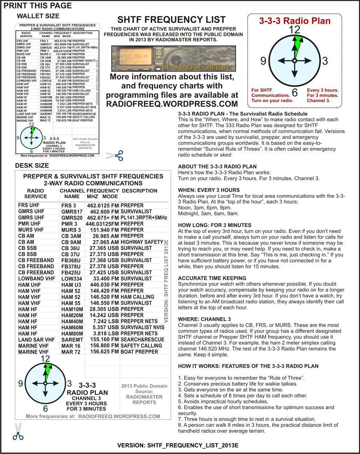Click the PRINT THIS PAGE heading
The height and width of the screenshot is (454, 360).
click(38, 6)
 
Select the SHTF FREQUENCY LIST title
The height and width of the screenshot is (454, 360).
click(171, 20)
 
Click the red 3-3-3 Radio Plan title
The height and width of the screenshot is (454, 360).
click(295, 21)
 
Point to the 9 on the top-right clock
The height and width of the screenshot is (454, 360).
click(263, 61)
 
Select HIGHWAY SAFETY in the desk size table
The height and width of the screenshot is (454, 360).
click(142, 242)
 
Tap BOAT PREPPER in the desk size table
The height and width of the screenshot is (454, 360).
click(139, 352)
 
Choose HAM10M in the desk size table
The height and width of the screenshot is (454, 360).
click(72, 309)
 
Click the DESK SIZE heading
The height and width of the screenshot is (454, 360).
click(32, 165)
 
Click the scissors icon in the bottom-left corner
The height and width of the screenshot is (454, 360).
click(18, 432)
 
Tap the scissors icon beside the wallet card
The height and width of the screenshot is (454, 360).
click(115, 155)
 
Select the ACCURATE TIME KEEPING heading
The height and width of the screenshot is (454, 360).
click(212, 278)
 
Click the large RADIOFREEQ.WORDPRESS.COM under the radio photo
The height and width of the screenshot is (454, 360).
click(172, 104)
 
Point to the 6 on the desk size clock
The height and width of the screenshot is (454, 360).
click(45, 409)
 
